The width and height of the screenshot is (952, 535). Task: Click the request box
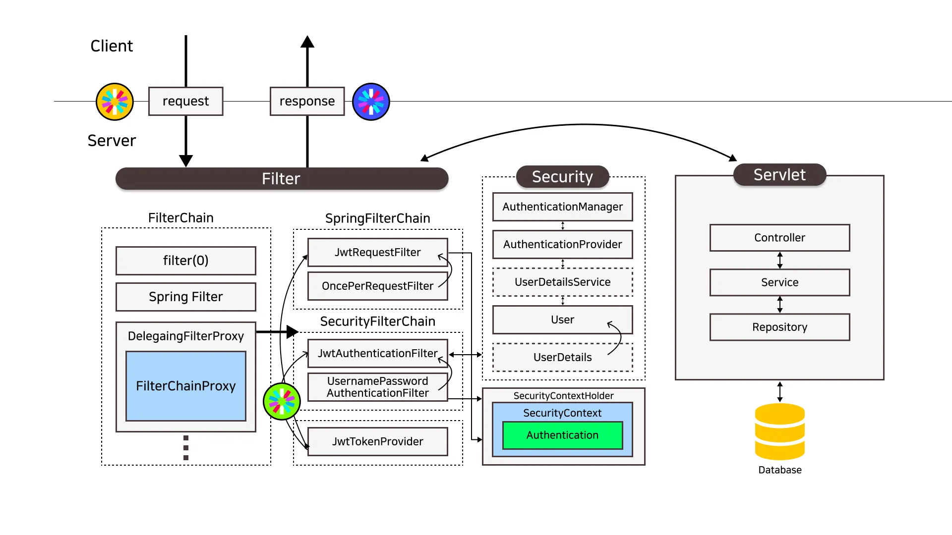tap(185, 101)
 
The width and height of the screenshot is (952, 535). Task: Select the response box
tap(307, 101)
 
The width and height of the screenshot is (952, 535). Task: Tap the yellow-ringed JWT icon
tap(115, 102)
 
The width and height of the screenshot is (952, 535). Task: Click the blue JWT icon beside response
tap(371, 102)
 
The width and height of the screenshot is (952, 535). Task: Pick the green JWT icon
tap(282, 401)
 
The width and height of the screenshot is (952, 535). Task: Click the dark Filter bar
tap(282, 178)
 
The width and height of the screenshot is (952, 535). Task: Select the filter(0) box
tap(185, 261)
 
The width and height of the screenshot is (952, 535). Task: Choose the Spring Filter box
tap(185, 297)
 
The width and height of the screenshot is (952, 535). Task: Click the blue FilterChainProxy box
tap(185, 386)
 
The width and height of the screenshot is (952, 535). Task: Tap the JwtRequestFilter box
tap(377, 252)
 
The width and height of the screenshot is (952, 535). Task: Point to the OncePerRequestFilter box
tap(377, 286)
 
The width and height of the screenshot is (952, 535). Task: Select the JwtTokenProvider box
tap(377, 441)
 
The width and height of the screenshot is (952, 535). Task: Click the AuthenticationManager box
tap(562, 207)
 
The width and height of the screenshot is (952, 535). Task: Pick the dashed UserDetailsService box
tap(562, 282)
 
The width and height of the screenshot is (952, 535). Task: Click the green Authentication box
tap(562, 435)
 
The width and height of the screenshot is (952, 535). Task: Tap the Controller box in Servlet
tap(779, 238)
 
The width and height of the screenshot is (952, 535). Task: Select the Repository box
tap(779, 327)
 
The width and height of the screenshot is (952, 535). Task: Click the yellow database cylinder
tap(779, 431)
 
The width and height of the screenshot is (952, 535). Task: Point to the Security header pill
tap(562, 177)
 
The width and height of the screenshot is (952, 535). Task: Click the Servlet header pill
tap(779, 175)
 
